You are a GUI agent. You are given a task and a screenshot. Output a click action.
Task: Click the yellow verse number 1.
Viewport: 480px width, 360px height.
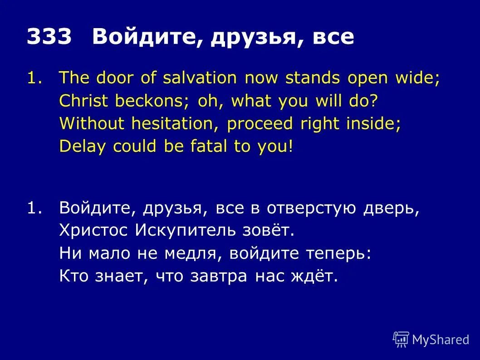(x=31, y=78)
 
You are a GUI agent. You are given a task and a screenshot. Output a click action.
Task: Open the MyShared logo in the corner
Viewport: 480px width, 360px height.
(x=431, y=339)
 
